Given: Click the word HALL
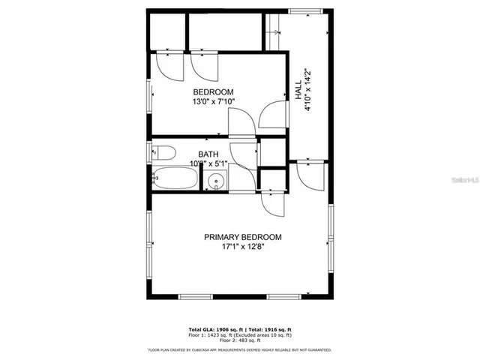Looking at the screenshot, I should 298,89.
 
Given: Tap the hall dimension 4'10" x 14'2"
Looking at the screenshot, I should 307,90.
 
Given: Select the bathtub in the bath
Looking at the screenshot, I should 175,179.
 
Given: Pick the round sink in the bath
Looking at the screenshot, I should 217,180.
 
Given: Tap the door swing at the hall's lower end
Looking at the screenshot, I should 309,174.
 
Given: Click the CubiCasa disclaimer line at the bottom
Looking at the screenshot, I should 240,349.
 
